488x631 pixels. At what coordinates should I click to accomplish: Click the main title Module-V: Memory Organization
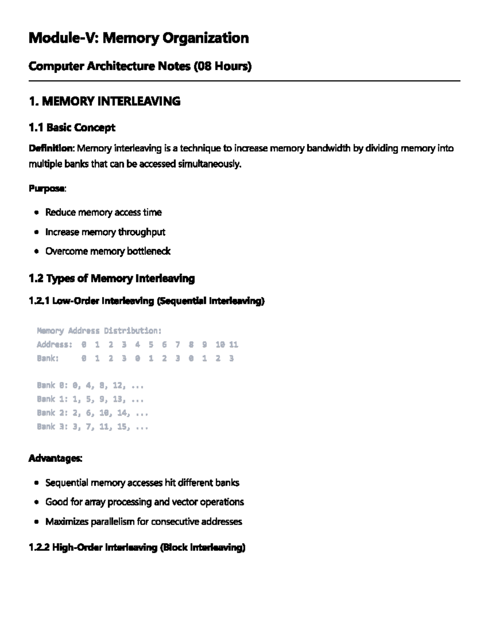pyautogui.click(x=138, y=38)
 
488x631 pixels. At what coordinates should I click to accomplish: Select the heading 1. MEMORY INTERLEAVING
pyautogui.click(x=105, y=101)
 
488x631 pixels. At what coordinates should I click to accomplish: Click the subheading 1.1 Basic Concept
pyautogui.click(x=72, y=128)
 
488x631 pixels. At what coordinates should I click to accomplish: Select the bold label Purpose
pyautogui.click(x=46, y=189)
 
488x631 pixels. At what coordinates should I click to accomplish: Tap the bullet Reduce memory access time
pyautogui.click(x=103, y=213)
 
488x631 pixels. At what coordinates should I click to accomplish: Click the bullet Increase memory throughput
pyautogui.click(x=105, y=232)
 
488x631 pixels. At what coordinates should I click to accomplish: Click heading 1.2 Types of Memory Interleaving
pyautogui.click(x=111, y=279)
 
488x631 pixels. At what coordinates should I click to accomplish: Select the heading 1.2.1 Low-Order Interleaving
pyautogui.click(x=146, y=301)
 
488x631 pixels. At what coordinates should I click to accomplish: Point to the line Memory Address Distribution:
pyautogui.click(x=99, y=331)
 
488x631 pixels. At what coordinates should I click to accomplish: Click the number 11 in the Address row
pyautogui.click(x=233, y=345)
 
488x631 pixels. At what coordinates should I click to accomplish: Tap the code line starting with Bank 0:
pyautogui.click(x=90, y=385)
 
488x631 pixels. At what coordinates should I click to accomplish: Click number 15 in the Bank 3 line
pyautogui.click(x=122, y=427)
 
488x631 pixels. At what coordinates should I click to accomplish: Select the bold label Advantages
pyautogui.click(x=55, y=458)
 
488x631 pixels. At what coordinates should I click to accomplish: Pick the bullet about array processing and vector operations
pyautogui.click(x=144, y=502)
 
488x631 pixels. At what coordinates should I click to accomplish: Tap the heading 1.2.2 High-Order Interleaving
pyautogui.click(x=137, y=548)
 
